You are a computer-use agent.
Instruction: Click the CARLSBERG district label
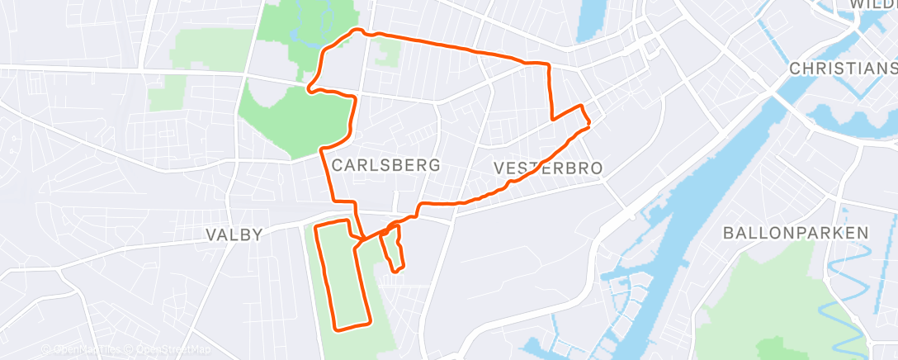tap(385, 165)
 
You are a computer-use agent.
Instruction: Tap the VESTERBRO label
tap(548, 168)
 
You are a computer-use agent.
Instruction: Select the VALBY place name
tap(234, 235)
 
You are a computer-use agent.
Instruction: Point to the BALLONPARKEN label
tap(796, 233)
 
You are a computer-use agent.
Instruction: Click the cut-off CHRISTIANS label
tap(842, 68)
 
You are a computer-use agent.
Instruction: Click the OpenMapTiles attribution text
tap(83, 350)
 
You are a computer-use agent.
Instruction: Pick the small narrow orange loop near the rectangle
tap(394, 248)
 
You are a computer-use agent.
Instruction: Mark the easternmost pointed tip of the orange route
tap(589, 126)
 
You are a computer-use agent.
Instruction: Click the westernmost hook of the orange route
tap(309, 87)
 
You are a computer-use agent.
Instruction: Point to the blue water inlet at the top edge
tap(593, 21)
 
